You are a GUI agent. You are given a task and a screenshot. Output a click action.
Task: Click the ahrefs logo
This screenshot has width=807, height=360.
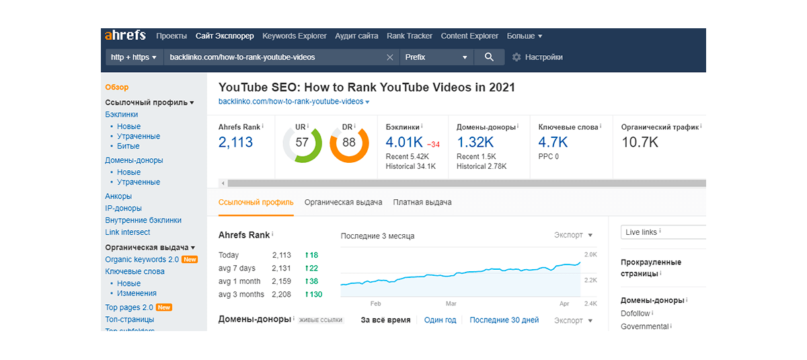[124, 36]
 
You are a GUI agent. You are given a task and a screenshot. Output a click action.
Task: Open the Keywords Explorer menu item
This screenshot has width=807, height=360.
[295, 36]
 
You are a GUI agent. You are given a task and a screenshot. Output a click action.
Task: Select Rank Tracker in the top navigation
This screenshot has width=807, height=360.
[410, 36]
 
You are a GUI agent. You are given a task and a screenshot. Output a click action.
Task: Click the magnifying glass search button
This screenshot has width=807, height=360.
[489, 57]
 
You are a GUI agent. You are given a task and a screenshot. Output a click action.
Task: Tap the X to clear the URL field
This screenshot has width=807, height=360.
[390, 57]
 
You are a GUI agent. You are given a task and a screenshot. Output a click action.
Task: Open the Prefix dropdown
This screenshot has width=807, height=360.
[436, 57]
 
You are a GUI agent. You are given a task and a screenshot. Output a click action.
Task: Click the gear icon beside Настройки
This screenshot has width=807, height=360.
[516, 57]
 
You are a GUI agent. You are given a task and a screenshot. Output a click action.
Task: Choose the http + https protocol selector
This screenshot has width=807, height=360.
[134, 57]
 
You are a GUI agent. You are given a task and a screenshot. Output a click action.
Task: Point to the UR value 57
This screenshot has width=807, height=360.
[302, 142]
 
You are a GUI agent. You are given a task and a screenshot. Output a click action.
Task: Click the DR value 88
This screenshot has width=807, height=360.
[349, 142]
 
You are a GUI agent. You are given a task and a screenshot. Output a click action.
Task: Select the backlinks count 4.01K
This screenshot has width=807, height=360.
[404, 142]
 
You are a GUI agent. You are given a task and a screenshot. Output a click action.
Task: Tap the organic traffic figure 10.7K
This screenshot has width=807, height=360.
[640, 142]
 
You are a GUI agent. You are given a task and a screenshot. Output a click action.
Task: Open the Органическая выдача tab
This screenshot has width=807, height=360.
[343, 202]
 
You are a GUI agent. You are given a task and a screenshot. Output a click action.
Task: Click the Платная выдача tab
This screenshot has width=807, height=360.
[422, 202]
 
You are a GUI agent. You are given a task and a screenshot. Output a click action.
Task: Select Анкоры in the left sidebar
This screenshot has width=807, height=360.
[118, 196]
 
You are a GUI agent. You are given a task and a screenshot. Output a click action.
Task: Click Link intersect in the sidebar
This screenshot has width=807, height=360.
[127, 232]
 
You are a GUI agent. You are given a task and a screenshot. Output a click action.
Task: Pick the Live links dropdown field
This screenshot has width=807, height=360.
[662, 232]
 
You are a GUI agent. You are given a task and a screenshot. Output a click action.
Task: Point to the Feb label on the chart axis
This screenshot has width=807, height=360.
[375, 303]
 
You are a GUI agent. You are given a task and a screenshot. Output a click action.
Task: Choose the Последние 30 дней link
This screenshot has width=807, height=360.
[504, 320]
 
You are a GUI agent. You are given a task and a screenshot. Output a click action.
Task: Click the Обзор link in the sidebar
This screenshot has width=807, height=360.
[117, 87]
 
